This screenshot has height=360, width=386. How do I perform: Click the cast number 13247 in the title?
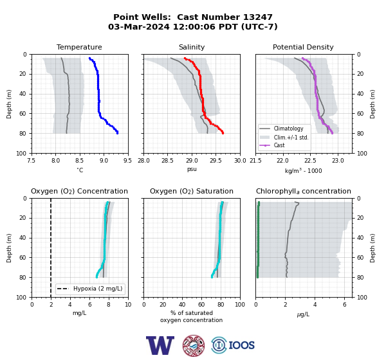(258, 17)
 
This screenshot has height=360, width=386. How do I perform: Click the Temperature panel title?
(79, 47)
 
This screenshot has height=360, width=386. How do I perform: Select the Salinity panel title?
(192, 47)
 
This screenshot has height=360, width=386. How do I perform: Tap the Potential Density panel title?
(303, 47)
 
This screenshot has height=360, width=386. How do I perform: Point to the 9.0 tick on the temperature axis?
(104, 161)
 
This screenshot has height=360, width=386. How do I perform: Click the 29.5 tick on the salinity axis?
(216, 161)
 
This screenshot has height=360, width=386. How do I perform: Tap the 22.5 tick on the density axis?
(310, 161)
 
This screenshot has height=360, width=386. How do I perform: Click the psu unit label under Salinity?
(192, 169)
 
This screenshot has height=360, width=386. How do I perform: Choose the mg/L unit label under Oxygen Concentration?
(80, 313)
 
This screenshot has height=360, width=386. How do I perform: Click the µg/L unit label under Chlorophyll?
(303, 314)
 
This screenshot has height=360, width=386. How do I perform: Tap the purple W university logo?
(160, 345)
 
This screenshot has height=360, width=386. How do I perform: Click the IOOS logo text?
(241, 345)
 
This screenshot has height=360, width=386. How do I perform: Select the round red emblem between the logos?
(194, 345)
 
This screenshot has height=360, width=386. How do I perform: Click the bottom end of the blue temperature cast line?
(118, 133)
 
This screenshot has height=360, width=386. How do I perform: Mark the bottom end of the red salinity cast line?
(223, 133)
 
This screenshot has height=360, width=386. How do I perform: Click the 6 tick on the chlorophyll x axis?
(344, 305)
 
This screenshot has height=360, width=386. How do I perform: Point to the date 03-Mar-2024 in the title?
(139, 26)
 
